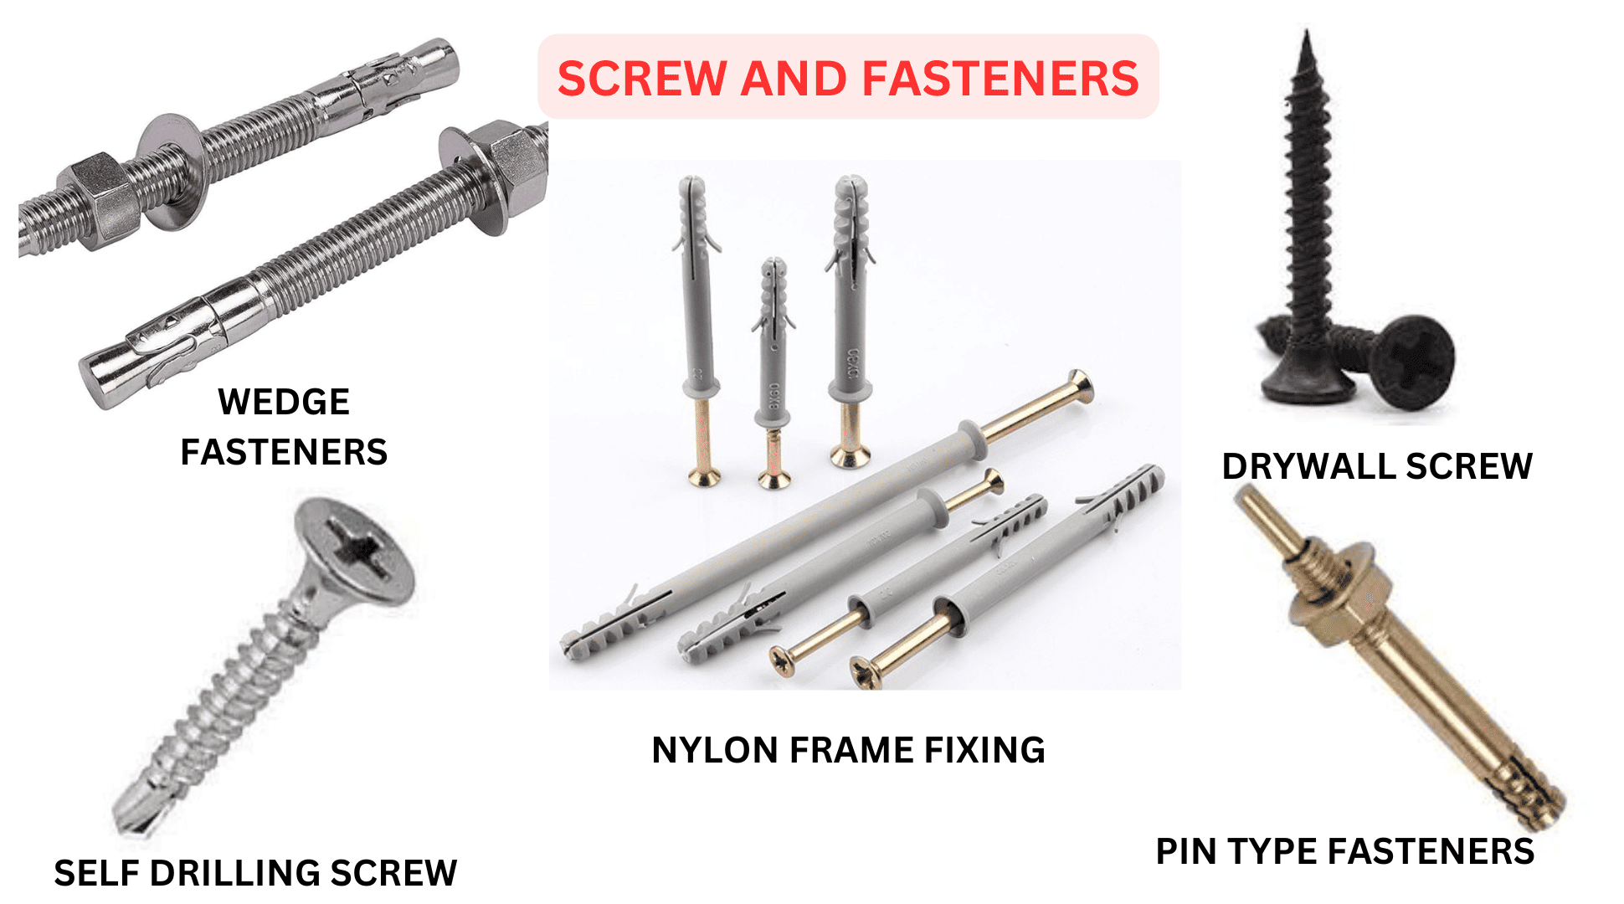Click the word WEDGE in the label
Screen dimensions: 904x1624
coord(283,402)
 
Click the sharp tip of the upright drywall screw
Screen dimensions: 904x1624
coord(1306,38)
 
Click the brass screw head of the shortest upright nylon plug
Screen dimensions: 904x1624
coord(774,480)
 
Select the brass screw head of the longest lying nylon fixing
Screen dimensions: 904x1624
coord(1080,385)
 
